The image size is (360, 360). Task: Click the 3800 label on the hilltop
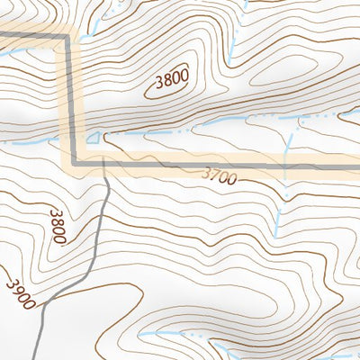(x=171, y=81)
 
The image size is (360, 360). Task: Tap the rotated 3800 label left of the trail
(x=58, y=226)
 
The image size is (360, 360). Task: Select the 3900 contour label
(x=20, y=292)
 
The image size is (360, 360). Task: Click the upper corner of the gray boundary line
(x=68, y=37)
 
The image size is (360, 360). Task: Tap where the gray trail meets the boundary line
(x=104, y=163)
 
